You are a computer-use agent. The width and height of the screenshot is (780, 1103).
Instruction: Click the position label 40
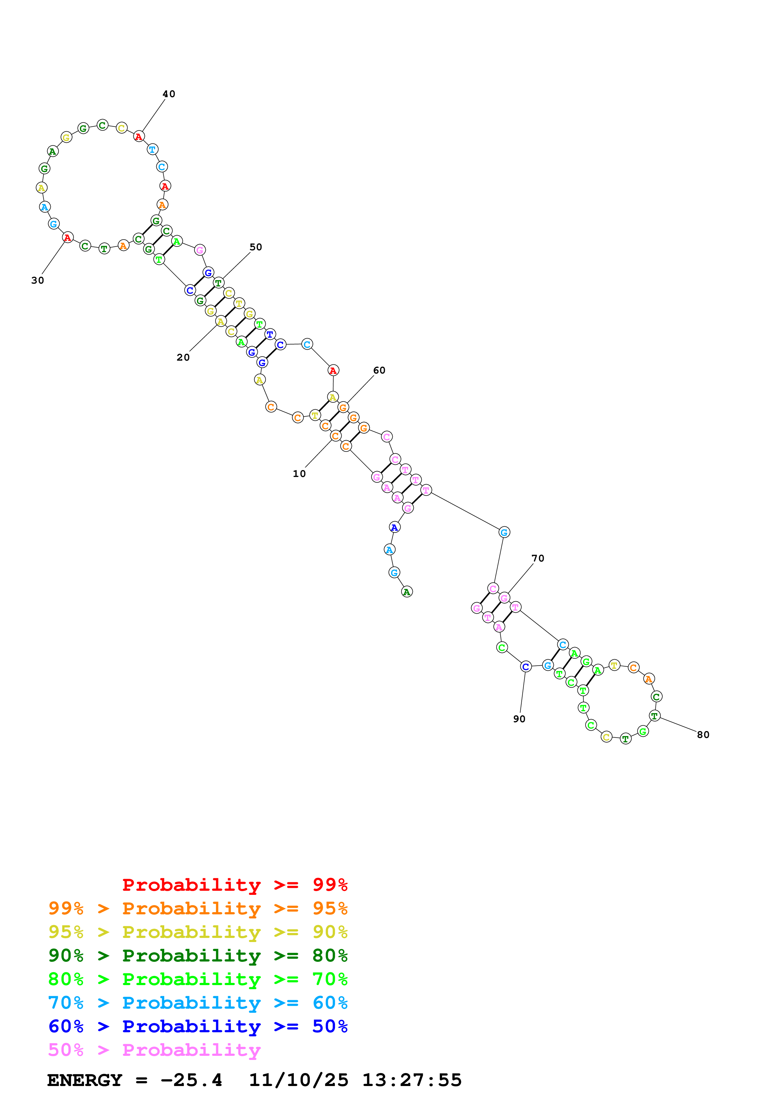click(x=169, y=94)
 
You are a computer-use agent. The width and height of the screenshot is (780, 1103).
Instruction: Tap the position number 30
click(x=37, y=280)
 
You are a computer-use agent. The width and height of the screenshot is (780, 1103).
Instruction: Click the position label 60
click(x=379, y=370)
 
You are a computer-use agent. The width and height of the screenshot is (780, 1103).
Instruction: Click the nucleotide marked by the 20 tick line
click(x=221, y=321)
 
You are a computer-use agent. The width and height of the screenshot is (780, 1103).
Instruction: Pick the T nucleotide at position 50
click(x=219, y=283)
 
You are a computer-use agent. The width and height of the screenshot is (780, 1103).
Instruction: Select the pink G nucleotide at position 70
click(x=504, y=598)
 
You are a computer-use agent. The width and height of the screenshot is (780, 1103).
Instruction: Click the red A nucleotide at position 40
click(x=139, y=136)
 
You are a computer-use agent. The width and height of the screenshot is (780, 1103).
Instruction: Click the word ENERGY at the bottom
click(x=85, y=1080)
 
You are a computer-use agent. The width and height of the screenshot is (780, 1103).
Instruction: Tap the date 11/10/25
click(x=299, y=1080)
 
